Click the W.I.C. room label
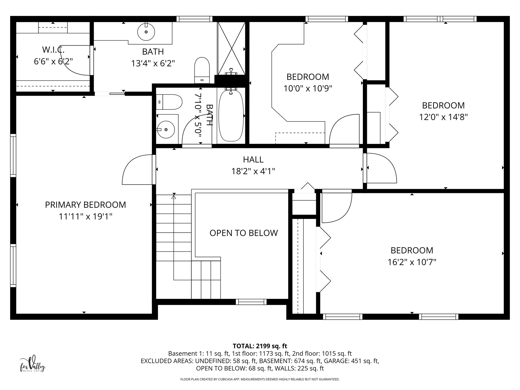(x=53, y=50)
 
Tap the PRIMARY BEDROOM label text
(x=85, y=205)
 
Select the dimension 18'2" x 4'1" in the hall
(x=253, y=171)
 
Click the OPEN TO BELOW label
(x=243, y=233)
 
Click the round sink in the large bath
(x=146, y=32)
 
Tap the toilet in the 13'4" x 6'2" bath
(x=202, y=70)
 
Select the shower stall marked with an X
(x=231, y=48)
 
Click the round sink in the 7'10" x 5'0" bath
(x=166, y=129)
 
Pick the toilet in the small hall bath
(x=169, y=102)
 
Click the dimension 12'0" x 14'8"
(x=443, y=117)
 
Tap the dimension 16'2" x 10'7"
(x=412, y=262)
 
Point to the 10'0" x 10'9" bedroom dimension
(x=308, y=89)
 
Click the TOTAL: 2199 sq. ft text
(x=260, y=346)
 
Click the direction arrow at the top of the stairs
(x=174, y=196)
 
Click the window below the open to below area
(x=251, y=302)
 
